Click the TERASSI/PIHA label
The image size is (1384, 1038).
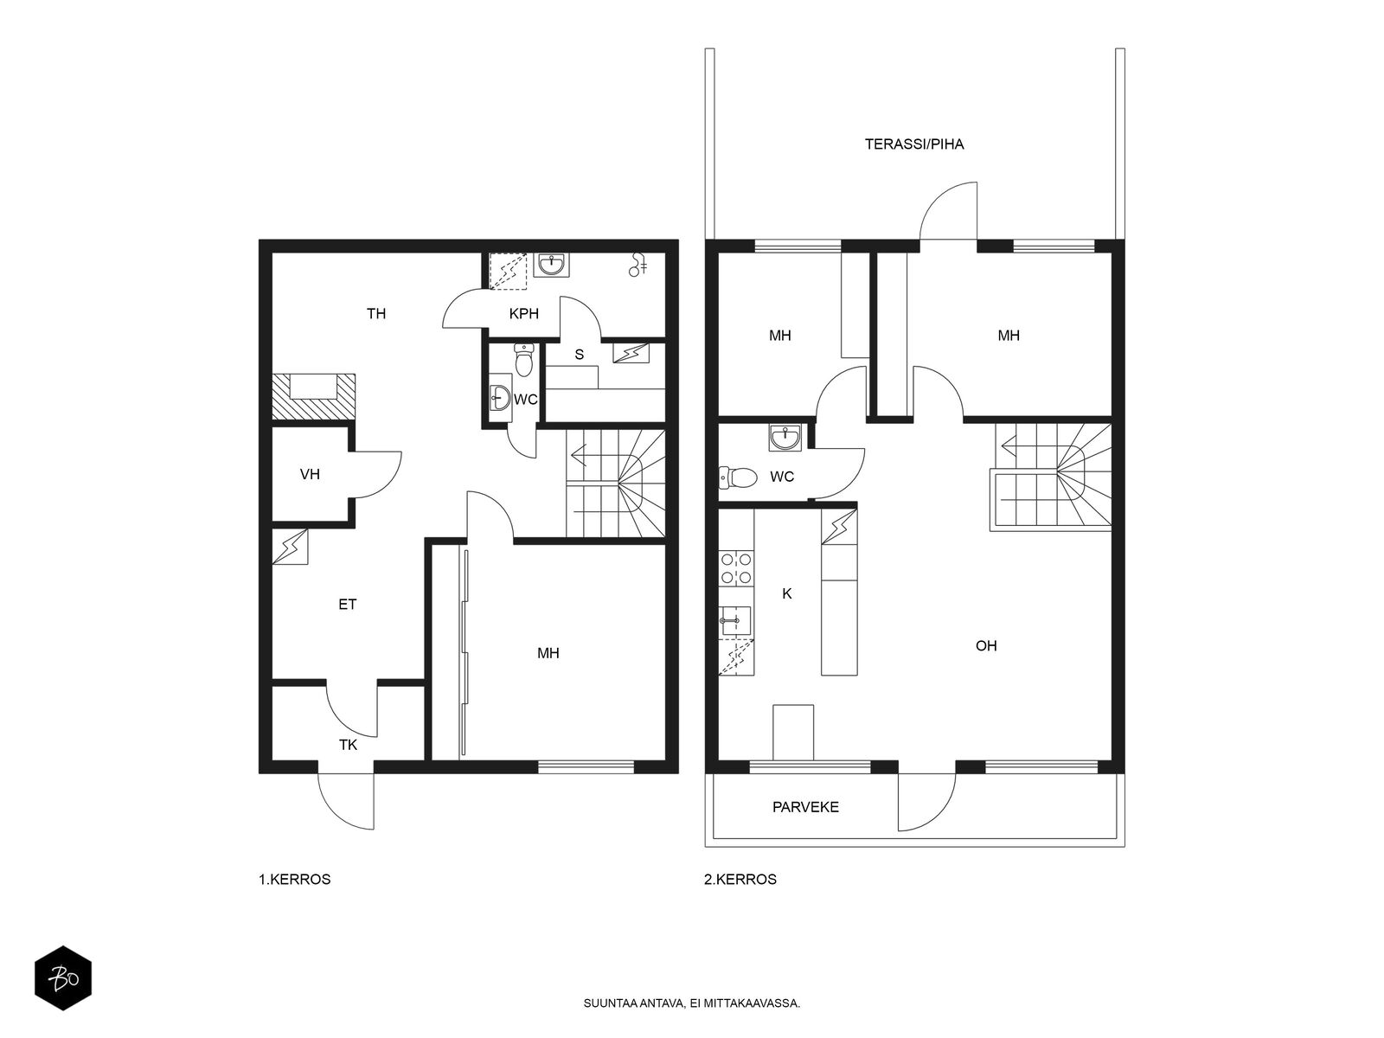913,144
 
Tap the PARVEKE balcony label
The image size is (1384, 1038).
805,807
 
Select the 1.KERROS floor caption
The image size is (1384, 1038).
294,879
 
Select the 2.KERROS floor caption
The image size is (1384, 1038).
740,879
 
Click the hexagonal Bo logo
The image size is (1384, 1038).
63,978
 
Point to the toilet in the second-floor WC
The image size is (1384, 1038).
737,477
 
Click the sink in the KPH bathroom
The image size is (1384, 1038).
552,265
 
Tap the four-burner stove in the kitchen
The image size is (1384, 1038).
736,567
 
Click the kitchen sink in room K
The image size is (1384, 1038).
734,623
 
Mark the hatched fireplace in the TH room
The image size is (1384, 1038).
313,396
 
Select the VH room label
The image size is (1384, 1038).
310,475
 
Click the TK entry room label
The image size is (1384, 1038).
348,745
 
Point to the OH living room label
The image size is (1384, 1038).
986,646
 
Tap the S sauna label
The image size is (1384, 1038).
580,355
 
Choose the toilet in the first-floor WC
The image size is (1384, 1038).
523,360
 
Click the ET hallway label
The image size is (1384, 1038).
348,605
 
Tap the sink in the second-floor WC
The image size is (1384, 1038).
785,438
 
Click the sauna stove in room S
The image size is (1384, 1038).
631,354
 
